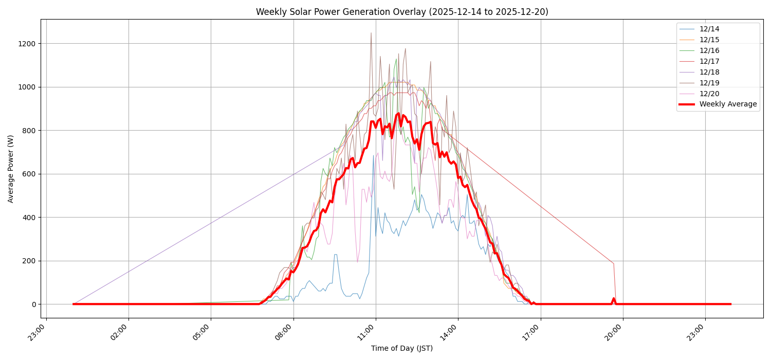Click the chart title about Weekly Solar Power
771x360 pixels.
(402, 12)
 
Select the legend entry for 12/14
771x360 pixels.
(709, 29)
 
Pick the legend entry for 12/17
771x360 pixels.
(709, 62)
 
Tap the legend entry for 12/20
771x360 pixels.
(709, 94)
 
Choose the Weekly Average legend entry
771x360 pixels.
(728, 104)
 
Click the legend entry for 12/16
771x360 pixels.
(709, 51)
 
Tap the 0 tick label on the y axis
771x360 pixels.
(33, 304)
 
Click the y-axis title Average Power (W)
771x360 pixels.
(11, 169)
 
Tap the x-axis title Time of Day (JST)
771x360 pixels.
(402, 349)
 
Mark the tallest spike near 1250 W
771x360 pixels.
(371, 33)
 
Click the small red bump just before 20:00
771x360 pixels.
(613, 299)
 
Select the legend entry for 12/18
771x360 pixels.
(709, 73)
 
